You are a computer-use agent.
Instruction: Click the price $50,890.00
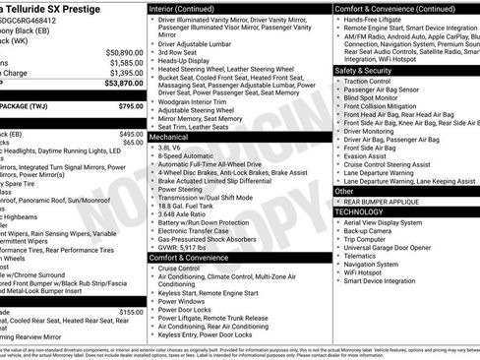click(123, 51)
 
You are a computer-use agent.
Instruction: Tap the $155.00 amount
click(131, 312)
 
